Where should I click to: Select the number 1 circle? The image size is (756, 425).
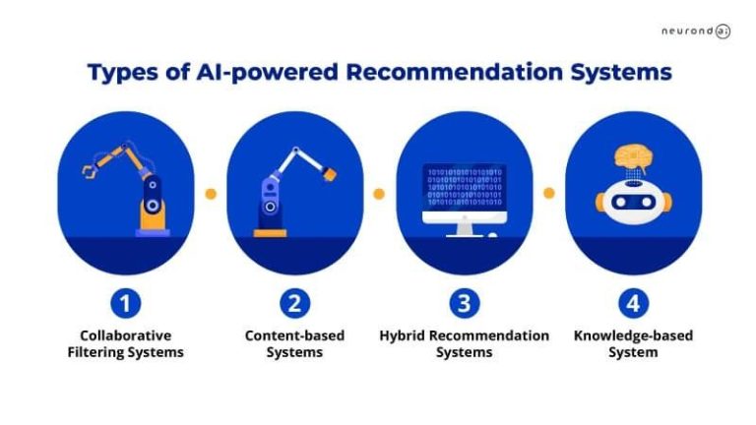(126, 302)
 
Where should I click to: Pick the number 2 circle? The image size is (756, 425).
(294, 302)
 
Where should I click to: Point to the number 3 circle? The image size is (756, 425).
(464, 302)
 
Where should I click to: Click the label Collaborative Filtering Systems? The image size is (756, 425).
(126, 343)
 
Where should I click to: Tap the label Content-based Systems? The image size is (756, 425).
(294, 343)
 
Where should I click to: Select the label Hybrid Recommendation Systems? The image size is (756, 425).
(464, 343)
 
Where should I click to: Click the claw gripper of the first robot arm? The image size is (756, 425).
(90, 171)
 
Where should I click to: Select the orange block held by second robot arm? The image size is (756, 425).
(330, 173)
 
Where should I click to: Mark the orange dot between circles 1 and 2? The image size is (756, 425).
(211, 194)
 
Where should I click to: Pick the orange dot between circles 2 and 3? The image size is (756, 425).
(379, 194)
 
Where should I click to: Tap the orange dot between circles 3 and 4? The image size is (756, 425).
(548, 194)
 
